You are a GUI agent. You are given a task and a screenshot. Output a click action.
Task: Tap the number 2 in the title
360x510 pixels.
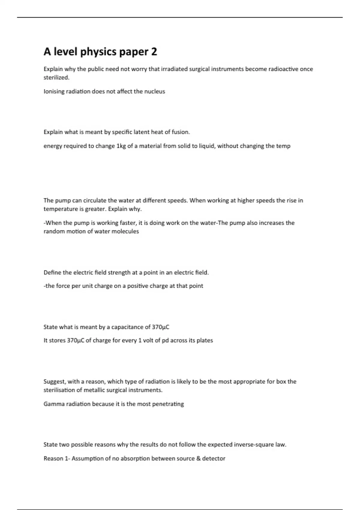[154, 52]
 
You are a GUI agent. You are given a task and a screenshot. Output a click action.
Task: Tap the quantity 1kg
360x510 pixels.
[121, 146]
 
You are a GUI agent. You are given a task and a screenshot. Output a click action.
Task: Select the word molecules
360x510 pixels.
[125, 231]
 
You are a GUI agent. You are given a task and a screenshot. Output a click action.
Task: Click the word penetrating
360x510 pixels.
[168, 404]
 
